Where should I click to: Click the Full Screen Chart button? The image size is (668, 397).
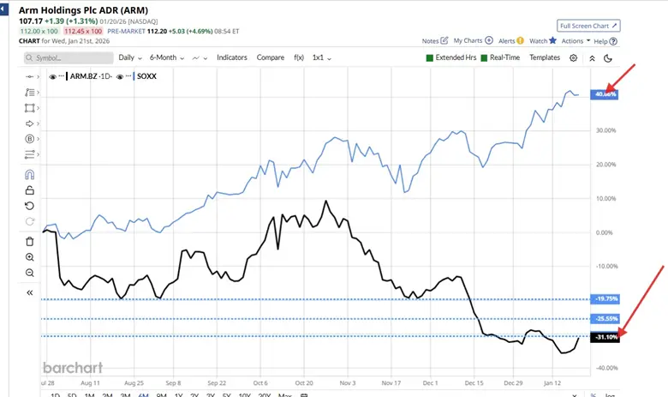tap(588, 27)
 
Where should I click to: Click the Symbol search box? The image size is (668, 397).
tap(69, 57)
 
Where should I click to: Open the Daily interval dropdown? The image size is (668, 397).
tap(129, 57)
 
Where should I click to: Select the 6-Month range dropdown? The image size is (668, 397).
tap(165, 57)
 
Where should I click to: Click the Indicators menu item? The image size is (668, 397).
tap(231, 57)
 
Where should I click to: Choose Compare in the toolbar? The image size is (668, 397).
tap(271, 57)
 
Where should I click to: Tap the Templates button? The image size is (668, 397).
tap(545, 57)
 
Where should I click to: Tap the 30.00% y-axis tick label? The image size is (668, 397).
tap(605, 130)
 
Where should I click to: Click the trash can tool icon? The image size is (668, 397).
tap(30, 241)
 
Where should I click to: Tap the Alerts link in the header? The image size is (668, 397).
tap(507, 40)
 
